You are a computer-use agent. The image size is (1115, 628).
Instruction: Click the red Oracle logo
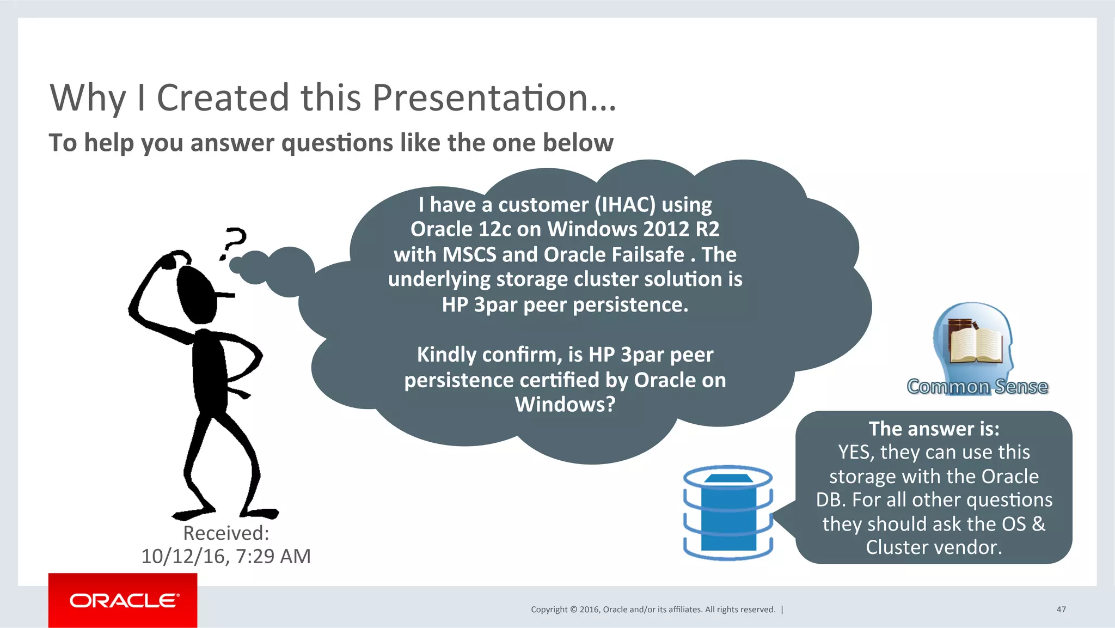123,600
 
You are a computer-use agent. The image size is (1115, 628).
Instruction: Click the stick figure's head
196,295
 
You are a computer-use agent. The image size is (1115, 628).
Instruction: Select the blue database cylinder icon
728,512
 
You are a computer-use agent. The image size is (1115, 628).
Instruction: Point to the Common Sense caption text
977,387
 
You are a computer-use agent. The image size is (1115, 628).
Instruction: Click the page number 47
1061,609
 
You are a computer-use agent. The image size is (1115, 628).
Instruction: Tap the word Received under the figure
225,533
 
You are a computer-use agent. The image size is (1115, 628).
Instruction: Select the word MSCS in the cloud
469,255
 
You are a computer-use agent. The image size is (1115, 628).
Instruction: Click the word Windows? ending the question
565,405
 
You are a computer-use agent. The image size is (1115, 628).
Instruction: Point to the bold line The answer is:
934,429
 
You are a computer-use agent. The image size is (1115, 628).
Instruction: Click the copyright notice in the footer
653,609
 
